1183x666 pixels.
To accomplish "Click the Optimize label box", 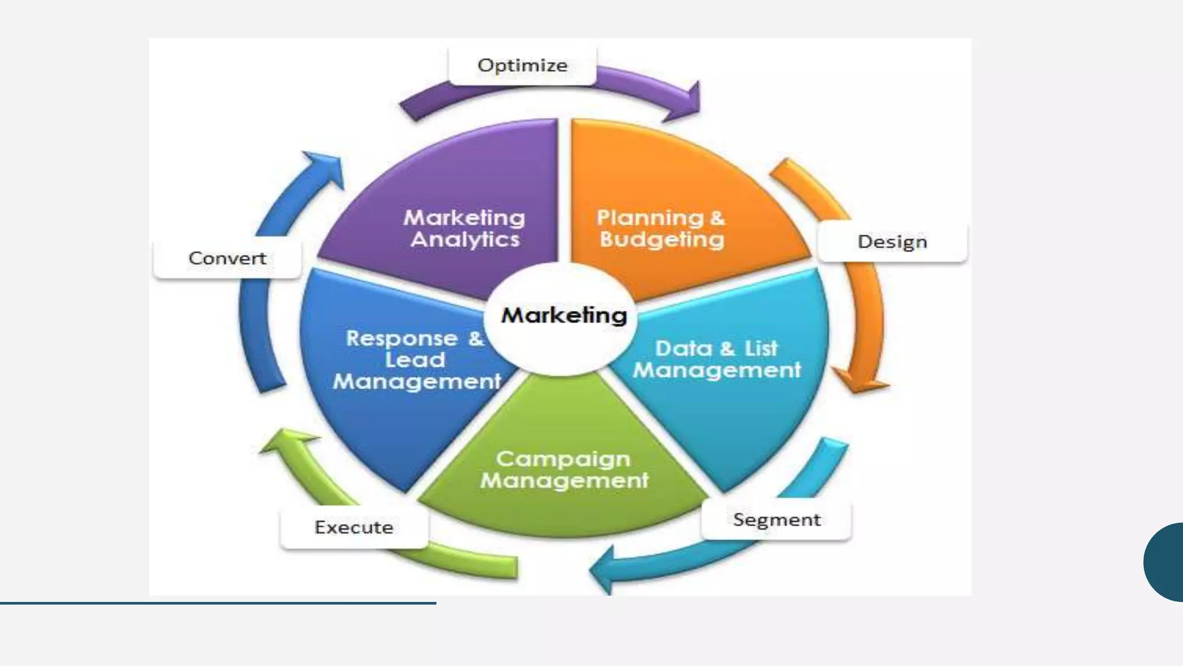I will [x=522, y=66].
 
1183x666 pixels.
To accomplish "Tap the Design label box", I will [x=892, y=242].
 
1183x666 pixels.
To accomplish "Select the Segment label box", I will [x=776, y=520].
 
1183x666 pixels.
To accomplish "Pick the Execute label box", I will [x=354, y=527].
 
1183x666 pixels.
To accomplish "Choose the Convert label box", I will [x=228, y=258].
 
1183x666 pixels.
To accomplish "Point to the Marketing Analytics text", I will [x=464, y=228].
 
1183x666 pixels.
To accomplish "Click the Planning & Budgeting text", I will [x=661, y=228].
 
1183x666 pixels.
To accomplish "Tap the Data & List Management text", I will [x=717, y=359].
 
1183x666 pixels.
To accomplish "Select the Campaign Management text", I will [x=564, y=469].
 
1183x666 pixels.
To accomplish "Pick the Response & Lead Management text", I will [x=416, y=360].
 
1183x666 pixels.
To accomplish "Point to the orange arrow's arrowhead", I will [x=859, y=382].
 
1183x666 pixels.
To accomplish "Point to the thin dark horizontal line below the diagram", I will [x=218, y=603].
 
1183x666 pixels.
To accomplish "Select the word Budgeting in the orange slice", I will [x=662, y=239].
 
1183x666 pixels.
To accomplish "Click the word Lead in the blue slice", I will [x=415, y=360].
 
